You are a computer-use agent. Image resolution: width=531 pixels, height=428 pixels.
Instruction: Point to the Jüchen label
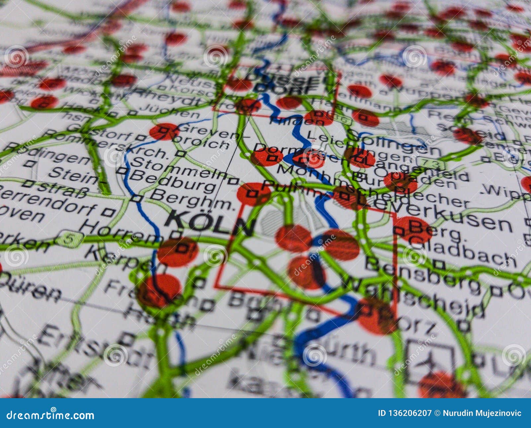coord(169,111)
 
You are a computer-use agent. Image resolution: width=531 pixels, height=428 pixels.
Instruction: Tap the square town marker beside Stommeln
coord(233,181)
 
